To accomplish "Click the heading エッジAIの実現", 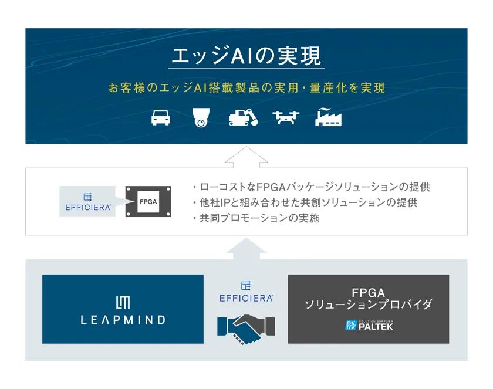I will tap(246, 56).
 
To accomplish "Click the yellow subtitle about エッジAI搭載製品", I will tap(246, 88).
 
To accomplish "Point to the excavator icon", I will tap(243, 117).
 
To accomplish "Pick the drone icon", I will tap(286, 117).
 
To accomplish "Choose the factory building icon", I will tap(329, 117).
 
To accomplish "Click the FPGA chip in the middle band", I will tap(147, 202).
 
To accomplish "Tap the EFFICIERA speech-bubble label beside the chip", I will tap(86, 202).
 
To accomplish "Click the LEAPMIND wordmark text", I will tap(123, 320).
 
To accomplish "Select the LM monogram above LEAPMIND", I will tap(123, 301).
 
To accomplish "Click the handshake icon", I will tap(246, 328).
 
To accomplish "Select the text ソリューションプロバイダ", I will tap(368, 305).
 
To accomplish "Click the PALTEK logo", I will tap(368, 325).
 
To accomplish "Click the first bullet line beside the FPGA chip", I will tap(311, 188).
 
